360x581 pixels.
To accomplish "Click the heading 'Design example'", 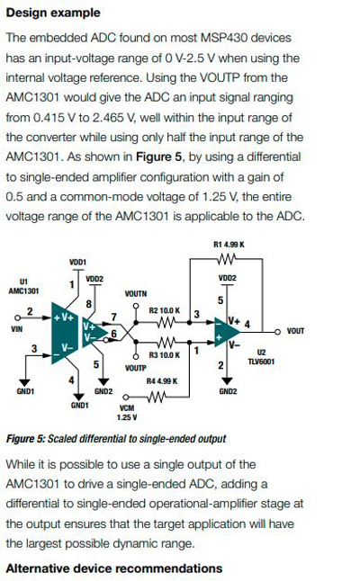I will coord(53,13).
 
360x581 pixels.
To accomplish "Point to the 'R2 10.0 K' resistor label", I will coord(166,309).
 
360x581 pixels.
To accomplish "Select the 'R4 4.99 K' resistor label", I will coord(162,381).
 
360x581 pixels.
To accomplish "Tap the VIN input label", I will coord(16,330).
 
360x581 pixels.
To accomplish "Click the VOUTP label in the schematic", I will coord(135,368).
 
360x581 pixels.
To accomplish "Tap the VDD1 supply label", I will coord(77,262).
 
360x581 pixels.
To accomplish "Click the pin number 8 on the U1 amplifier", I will coord(87,305).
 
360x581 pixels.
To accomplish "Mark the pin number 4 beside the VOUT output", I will coord(247,322).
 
